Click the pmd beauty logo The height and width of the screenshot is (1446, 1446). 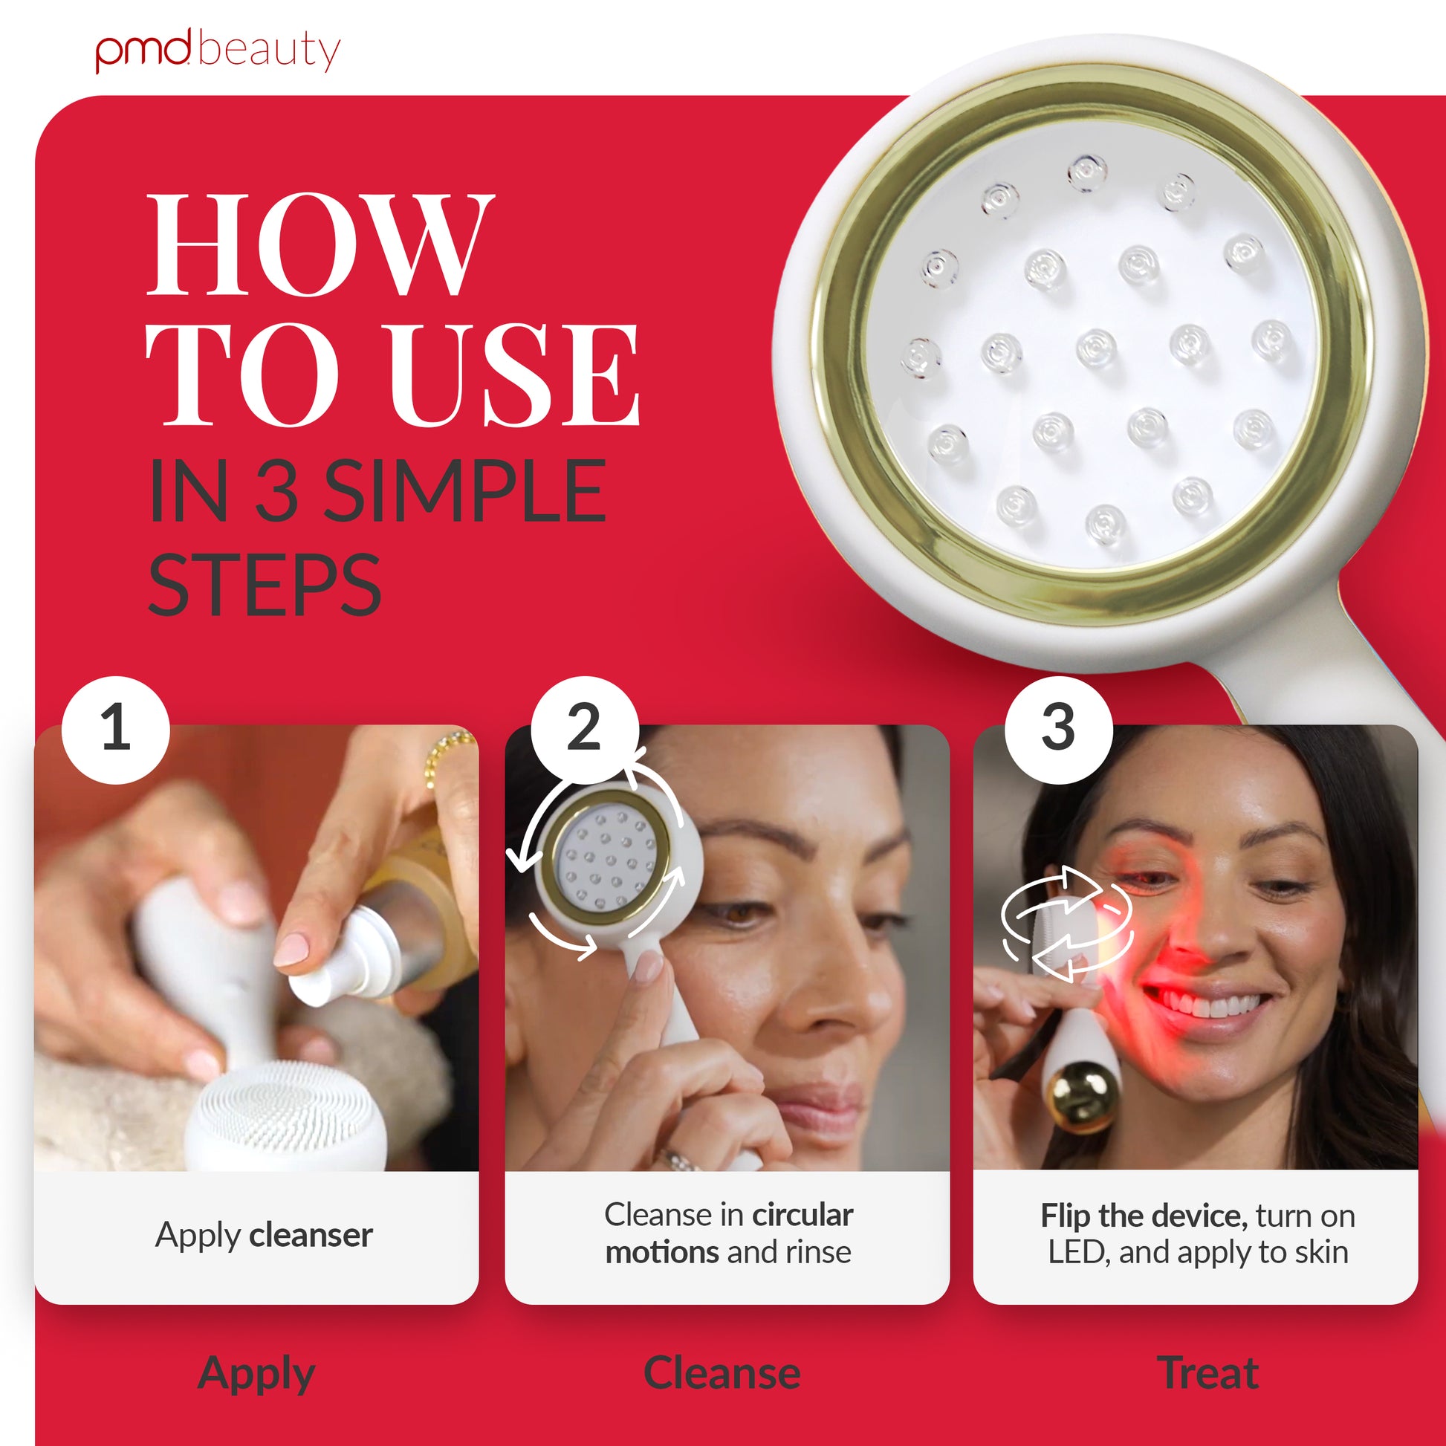(x=218, y=51)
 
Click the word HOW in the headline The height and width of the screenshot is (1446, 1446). (x=320, y=244)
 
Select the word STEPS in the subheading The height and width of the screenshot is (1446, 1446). (x=265, y=585)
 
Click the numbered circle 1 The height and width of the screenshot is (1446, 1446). (x=116, y=730)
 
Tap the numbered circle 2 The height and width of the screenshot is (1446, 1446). (x=585, y=730)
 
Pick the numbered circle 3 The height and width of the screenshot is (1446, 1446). (x=1058, y=730)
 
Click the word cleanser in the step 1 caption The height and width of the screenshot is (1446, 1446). (x=311, y=1236)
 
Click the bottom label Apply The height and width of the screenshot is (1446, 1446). (x=256, y=1375)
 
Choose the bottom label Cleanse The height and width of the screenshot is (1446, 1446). (x=722, y=1373)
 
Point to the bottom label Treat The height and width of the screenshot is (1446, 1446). (x=1209, y=1373)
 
